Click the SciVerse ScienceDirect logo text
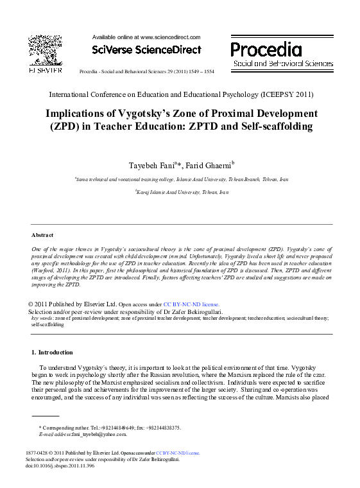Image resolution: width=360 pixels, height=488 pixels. point(146,49)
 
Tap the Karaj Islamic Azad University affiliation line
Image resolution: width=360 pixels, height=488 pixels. point(182,192)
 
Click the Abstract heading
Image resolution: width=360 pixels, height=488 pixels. point(42,235)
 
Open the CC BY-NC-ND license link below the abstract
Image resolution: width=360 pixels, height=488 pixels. point(191,304)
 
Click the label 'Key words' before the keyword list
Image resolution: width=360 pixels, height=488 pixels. point(42,318)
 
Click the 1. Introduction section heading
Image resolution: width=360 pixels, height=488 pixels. point(52,353)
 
